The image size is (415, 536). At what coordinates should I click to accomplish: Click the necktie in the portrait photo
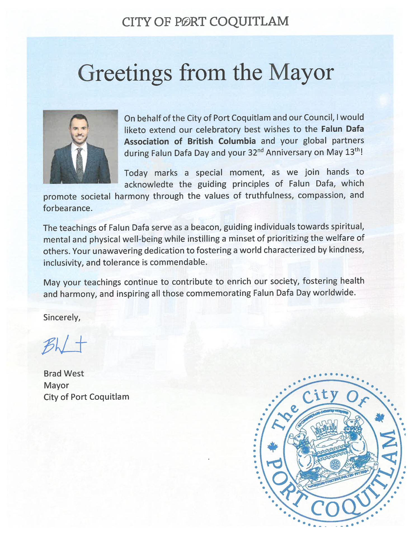click(x=80, y=165)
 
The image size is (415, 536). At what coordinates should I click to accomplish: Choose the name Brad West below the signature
click(x=64, y=374)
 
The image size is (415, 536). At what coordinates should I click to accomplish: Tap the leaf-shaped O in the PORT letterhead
click(x=184, y=22)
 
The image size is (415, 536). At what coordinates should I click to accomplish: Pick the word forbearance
click(x=67, y=208)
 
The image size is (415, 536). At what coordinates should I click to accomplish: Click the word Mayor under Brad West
click(x=56, y=386)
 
